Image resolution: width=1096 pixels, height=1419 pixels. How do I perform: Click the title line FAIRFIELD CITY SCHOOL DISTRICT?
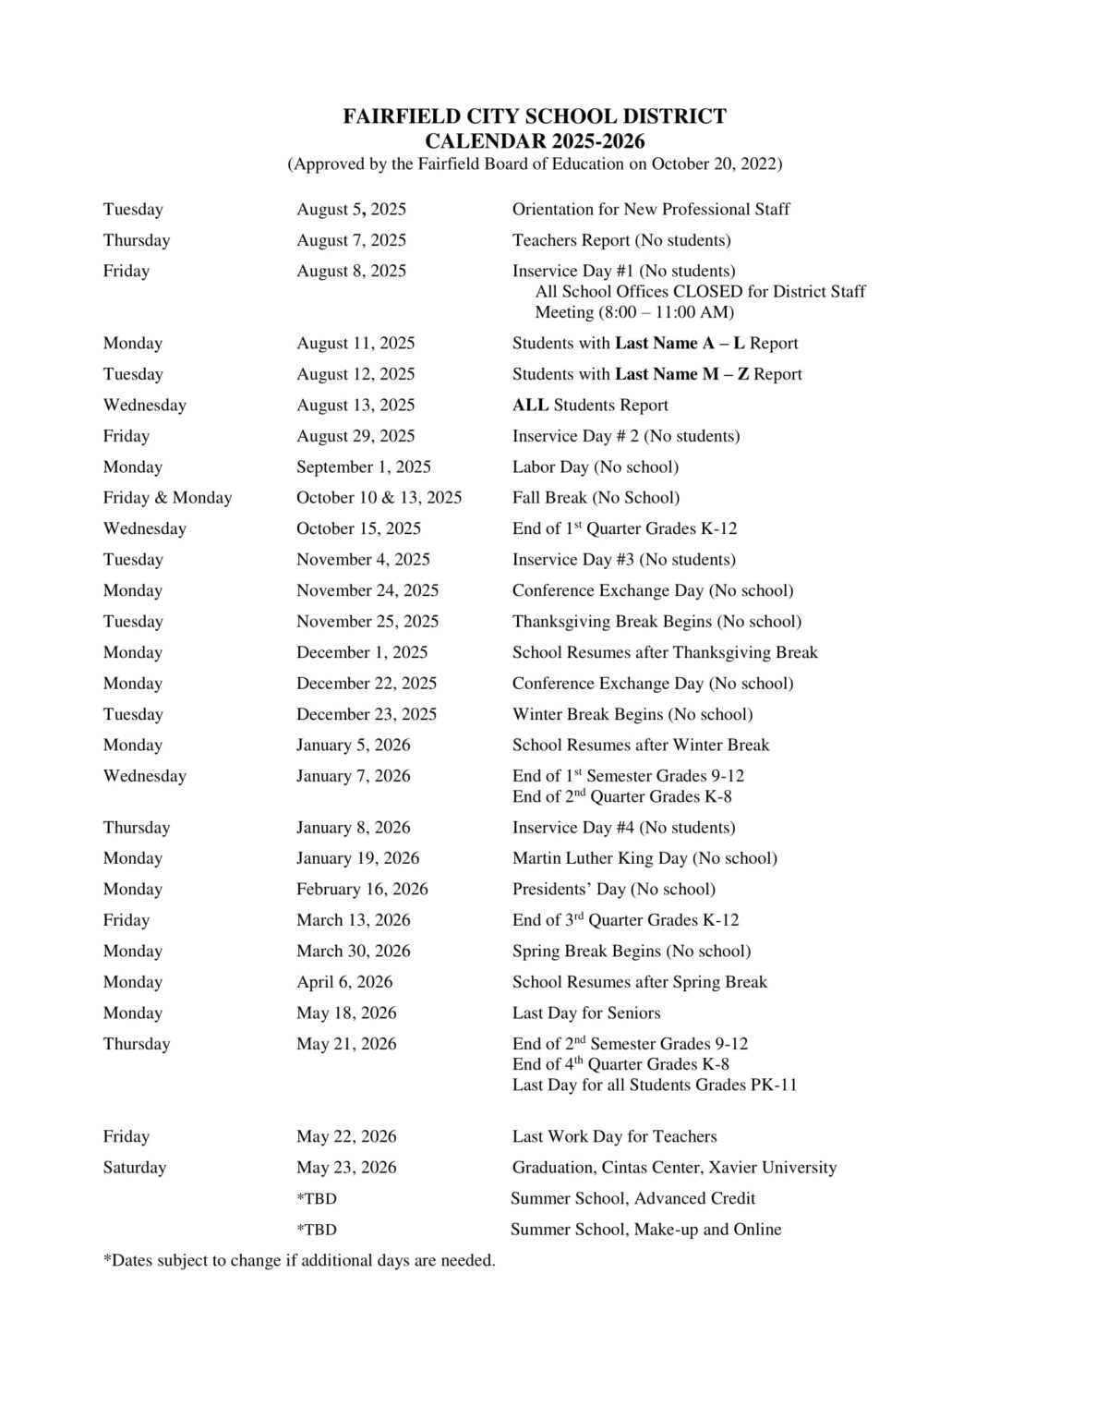tap(535, 117)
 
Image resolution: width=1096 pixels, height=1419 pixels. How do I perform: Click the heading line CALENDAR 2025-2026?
tap(535, 141)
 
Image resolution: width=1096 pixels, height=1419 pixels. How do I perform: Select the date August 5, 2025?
tap(351, 210)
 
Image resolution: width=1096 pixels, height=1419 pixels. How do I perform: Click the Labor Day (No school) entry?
tap(595, 467)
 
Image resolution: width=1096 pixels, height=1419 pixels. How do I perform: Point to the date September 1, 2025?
tap(363, 467)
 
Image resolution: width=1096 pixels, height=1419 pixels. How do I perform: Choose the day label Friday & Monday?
tap(167, 498)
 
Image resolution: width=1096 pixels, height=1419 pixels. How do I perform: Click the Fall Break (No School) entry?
tap(596, 498)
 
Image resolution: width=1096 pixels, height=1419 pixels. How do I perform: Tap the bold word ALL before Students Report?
tap(530, 406)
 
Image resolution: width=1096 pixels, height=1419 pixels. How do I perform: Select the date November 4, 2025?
tap(363, 560)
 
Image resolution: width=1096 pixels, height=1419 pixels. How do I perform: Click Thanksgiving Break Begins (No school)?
tap(656, 622)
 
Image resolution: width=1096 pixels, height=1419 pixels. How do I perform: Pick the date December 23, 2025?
tap(367, 714)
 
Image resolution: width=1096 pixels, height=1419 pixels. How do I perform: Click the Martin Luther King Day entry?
tap(644, 858)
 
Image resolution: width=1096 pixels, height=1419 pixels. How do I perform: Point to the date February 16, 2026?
tap(362, 890)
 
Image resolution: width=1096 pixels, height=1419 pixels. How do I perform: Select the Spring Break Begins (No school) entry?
tap(632, 952)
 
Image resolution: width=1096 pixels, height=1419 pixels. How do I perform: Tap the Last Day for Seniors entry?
tap(586, 1013)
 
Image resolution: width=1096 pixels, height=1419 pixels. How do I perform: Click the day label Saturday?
tap(135, 1168)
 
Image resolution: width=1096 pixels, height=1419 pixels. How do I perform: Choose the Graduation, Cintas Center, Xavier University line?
tap(674, 1168)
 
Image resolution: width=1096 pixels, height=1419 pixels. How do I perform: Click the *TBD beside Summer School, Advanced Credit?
tap(317, 1199)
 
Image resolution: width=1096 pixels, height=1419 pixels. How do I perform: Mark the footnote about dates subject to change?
tap(299, 1261)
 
